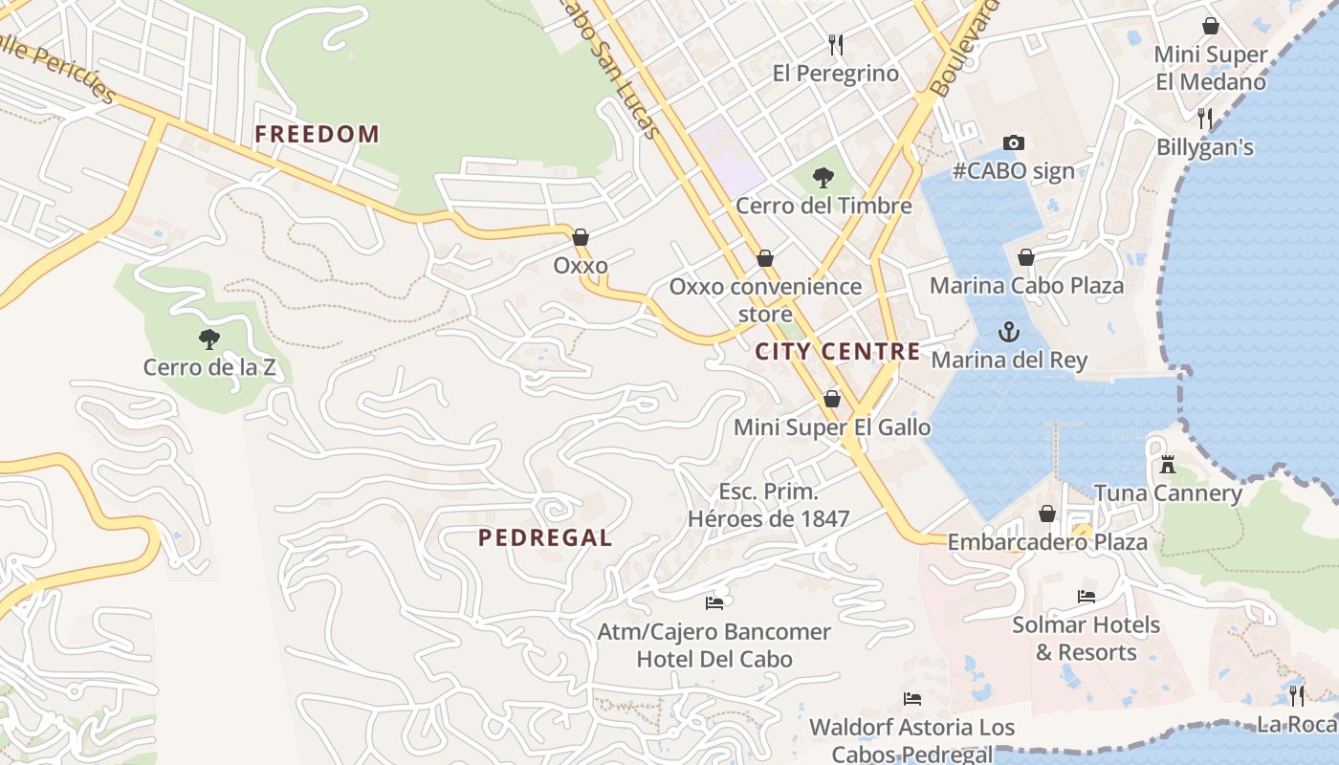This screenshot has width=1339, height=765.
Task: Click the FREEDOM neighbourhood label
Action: (x=317, y=134)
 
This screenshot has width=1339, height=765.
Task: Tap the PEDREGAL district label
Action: (x=545, y=537)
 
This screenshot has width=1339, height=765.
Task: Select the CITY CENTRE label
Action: (x=838, y=351)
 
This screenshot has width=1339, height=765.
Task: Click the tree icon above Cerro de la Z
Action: (x=209, y=339)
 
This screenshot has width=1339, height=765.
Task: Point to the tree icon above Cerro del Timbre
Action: (x=823, y=177)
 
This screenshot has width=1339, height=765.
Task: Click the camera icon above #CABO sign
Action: (x=1013, y=142)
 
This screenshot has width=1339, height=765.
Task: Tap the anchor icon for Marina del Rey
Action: (x=1008, y=332)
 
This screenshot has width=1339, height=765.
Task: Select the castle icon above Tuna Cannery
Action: (x=1167, y=465)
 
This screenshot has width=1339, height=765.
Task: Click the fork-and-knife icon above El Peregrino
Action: (x=836, y=44)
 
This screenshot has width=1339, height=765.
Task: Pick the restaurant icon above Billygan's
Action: (x=1205, y=119)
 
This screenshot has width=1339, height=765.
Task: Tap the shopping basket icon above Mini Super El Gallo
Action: (x=832, y=399)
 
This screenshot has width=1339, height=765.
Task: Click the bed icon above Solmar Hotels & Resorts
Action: (x=1086, y=597)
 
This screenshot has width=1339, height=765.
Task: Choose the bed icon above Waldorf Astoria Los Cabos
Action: (x=911, y=699)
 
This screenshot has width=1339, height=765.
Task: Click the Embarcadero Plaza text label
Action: (x=1047, y=542)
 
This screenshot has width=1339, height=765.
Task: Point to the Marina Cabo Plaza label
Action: (x=1026, y=285)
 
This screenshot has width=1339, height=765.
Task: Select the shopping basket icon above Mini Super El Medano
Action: (x=1211, y=26)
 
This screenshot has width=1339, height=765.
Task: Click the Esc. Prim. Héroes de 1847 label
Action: (x=769, y=505)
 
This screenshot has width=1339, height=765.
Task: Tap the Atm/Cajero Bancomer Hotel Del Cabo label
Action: (x=714, y=645)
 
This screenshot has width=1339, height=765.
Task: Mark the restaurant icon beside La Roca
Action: (x=1297, y=695)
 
